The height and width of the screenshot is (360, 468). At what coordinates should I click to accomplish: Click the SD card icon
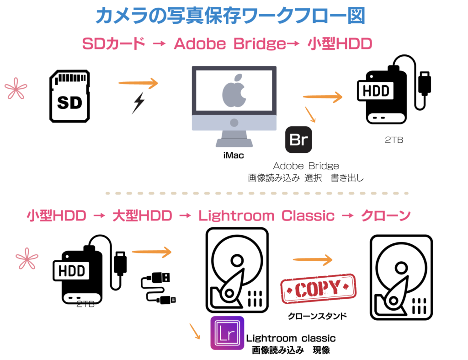pos(69,96)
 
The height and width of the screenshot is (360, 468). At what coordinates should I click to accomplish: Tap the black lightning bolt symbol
pos(138,103)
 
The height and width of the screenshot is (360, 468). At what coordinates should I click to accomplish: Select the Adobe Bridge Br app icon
pos(298,140)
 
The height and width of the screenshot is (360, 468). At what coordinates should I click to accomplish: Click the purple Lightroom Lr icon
pos(227,333)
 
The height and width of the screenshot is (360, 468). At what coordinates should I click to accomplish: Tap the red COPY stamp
pos(318,288)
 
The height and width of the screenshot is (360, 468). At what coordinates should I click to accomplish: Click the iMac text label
pos(234,156)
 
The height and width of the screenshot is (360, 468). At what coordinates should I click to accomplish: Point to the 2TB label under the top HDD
pos(394,140)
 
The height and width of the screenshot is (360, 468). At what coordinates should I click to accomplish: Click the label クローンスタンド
pos(317,316)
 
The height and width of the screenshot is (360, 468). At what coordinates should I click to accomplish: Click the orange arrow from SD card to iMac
pos(138,83)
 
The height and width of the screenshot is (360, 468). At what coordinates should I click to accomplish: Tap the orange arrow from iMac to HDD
pos(322,97)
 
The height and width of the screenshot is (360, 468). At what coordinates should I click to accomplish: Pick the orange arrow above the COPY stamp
pos(313,260)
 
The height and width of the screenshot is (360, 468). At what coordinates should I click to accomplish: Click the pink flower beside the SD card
pos(16,88)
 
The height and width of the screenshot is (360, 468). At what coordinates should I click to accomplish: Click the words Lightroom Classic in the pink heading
pos(266,215)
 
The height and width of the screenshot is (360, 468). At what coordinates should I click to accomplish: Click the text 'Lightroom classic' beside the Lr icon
pos(291,339)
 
